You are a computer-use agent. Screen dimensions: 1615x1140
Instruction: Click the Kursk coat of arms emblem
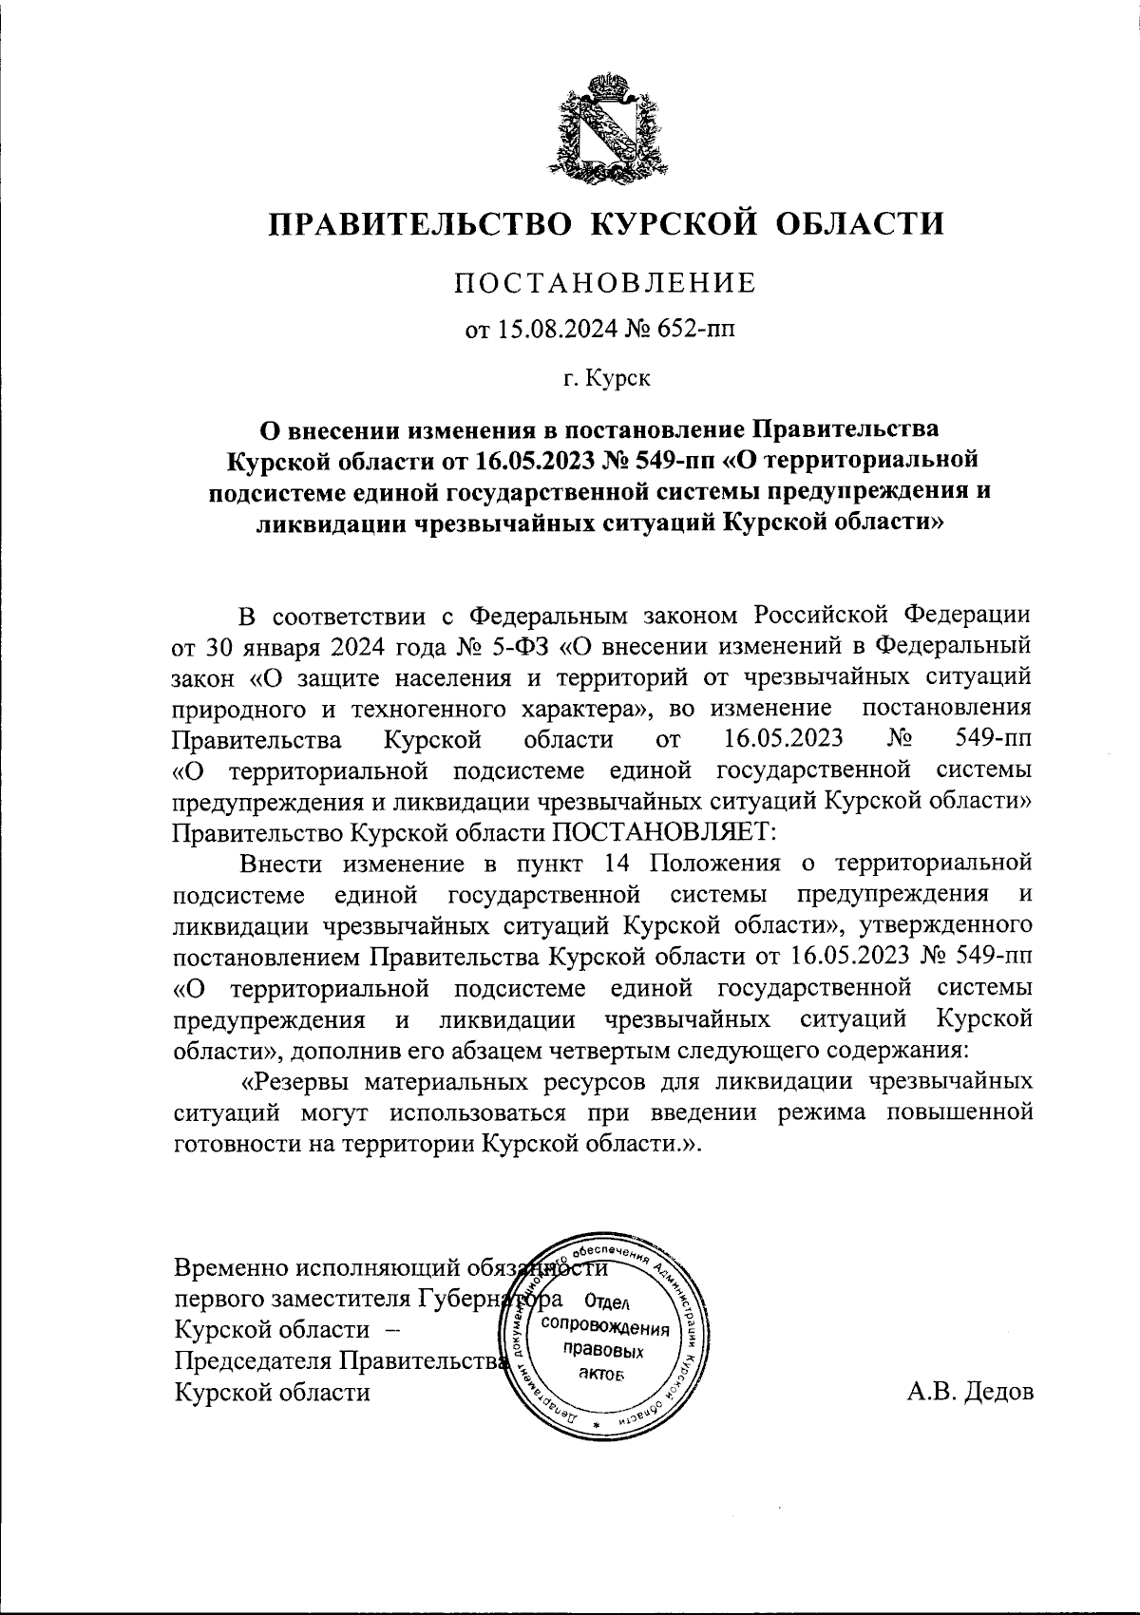pos(605,126)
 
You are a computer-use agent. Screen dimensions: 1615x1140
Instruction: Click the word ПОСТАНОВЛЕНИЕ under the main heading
pos(604,283)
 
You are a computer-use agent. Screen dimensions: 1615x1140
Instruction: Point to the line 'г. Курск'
pos(605,379)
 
